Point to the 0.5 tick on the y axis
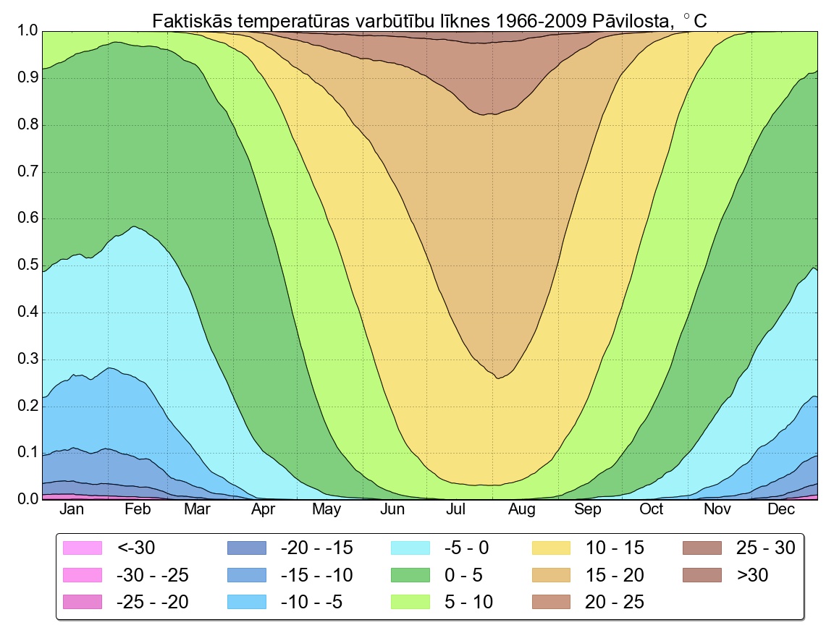point(27,265)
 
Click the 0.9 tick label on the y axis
point(27,78)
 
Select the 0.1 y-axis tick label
point(27,453)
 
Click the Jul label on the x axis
point(456,510)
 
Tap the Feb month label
point(138,510)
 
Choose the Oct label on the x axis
point(652,510)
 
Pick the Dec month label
point(781,510)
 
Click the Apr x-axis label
point(264,510)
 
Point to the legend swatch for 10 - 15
point(551,548)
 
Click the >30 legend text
point(752,575)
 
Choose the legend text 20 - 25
point(615,602)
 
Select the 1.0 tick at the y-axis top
point(27,32)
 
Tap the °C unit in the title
point(696,22)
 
